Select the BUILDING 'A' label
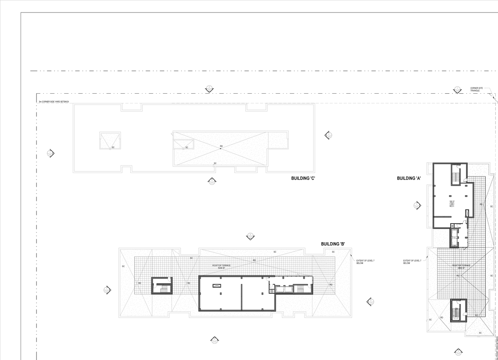pyautogui.click(x=409, y=178)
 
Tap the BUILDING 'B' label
pyautogui.click(x=333, y=244)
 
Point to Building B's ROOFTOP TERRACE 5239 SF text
pyautogui.click(x=221, y=267)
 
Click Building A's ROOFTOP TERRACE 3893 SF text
pyautogui.click(x=461, y=267)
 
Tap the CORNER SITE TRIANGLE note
pyautogui.click(x=476, y=89)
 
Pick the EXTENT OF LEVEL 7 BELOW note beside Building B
pyautogui.click(x=365, y=262)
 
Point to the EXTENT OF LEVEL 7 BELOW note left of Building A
pyautogui.click(x=412, y=262)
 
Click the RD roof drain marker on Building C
pyautogui.click(x=221, y=147)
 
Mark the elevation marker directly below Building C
pyautogui.click(x=212, y=181)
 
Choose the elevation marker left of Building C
pyautogui.click(x=50, y=153)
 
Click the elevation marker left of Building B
pyautogui.click(x=107, y=290)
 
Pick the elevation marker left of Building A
pyautogui.click(x=417, y=206)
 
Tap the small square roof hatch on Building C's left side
pyautogui.click(x=110, y=140)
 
